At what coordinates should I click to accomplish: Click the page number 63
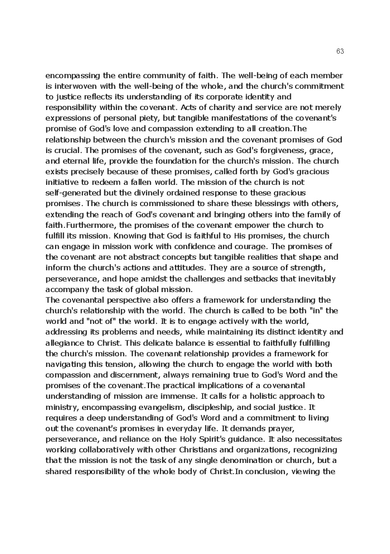point(340,51)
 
